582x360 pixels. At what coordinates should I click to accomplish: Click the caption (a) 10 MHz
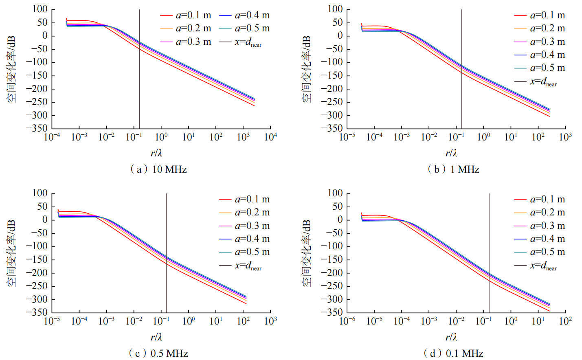point(158,169)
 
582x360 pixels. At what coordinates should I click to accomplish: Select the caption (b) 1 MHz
point(453,169)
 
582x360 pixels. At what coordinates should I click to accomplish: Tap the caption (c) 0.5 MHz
point(158,353)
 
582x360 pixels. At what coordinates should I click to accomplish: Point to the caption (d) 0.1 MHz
point(453,353)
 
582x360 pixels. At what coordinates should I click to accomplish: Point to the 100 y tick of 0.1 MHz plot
point(335,193)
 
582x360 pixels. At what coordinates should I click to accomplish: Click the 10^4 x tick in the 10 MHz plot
point(270,137)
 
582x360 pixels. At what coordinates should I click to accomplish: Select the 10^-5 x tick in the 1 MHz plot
point(347,137)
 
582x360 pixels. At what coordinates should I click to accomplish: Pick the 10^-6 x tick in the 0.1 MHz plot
point(347,321)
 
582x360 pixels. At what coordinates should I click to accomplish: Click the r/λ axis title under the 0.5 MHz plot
point(156,337)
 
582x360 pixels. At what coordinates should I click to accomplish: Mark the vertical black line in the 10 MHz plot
point(139,81)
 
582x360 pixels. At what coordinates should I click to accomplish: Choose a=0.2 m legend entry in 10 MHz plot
point(193,29)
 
